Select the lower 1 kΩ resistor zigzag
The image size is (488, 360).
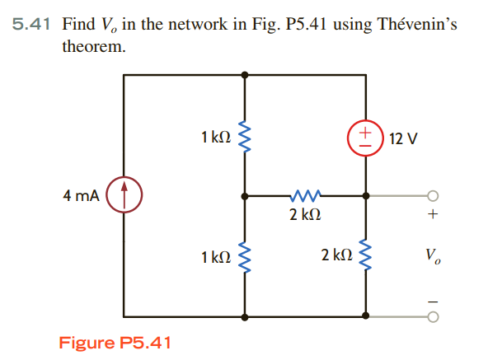244,257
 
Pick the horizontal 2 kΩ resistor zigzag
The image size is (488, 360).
304,197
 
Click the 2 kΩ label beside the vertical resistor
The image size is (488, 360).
336,257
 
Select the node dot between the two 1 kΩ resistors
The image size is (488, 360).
244,197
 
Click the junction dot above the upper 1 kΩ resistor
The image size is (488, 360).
244,75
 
